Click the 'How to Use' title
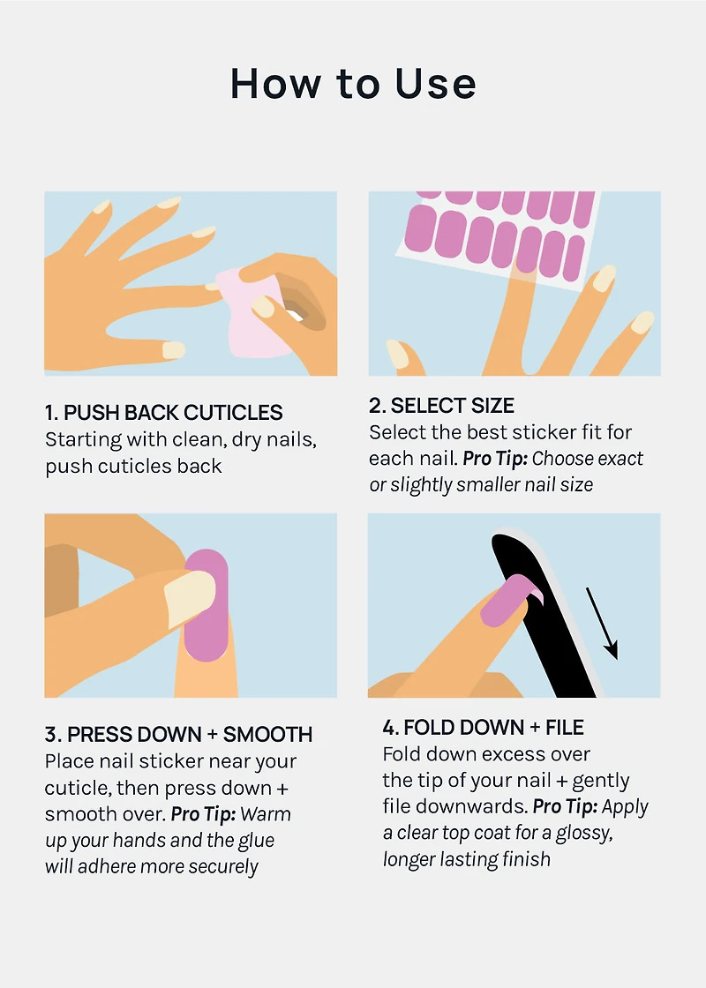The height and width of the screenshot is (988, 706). pyautogui.click(x=353, y=85)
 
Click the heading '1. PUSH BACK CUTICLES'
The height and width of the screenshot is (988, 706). pyautogui.click(x=164, y=413)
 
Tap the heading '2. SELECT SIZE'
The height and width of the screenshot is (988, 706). pyautogui.click(x=441, y=406)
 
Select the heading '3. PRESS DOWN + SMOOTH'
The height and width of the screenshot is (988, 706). pyautogui.click(x=179, y=735)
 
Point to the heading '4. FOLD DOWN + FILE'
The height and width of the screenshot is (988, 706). pyautogui.click(x=483, y=728)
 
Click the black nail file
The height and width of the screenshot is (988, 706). pyautogui.click(x=538, y=617)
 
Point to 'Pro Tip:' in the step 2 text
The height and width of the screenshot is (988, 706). pyautogui.click(x=495, y=459)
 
